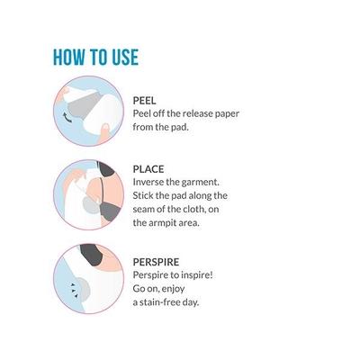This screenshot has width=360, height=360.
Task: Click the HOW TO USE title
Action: tap(95, 57)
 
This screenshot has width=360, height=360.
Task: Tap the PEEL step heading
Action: tap(144, 101)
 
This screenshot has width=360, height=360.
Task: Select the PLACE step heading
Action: tap(148, 169)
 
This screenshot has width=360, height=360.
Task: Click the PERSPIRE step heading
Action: tap(156, 262)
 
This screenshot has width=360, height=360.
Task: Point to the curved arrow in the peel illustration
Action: tap(67, 117)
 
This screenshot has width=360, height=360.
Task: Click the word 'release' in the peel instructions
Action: tap(195, 113)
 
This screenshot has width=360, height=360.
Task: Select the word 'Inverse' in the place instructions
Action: tap(146, 182)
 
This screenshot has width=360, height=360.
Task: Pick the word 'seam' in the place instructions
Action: tap(143, 209)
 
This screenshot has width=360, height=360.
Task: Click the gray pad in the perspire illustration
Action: tap(82, 289)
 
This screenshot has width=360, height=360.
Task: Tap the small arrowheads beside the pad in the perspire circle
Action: tap(74, 290)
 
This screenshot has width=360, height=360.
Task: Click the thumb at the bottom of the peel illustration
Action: tap(104, 132)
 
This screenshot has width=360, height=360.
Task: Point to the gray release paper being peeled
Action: tap(84, 106)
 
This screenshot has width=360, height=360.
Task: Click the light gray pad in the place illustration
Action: tap(91, 205)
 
